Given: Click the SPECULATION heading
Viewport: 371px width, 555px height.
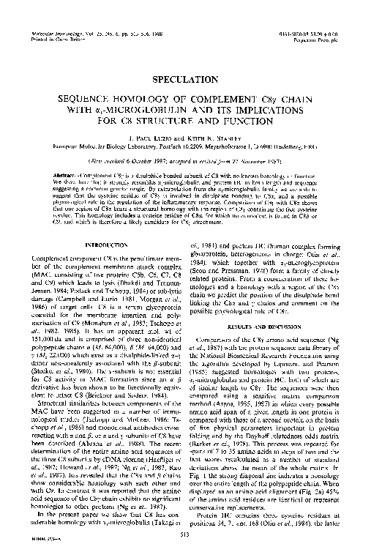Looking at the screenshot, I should (x=185, y=75).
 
